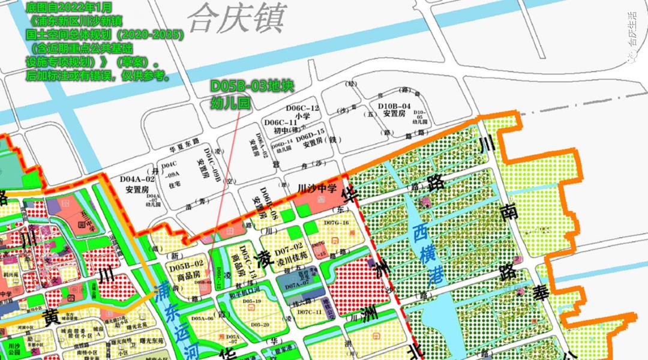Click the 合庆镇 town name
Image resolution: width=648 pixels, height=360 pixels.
pos(235,20)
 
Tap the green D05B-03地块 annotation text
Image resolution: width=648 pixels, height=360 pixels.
pos(252,86)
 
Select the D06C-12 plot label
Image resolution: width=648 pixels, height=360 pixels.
pos(302,108)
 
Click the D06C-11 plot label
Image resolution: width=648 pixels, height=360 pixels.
pos(281,122)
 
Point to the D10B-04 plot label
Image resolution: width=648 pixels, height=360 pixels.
pos(394,106)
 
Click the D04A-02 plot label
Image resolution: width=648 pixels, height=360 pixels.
pos(137,178)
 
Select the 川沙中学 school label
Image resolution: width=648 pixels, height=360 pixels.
pos(317,188)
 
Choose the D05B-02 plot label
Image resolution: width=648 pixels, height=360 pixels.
pos(187,263)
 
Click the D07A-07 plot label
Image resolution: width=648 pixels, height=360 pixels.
pos(296,287)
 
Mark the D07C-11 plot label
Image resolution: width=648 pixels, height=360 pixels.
pos(310,312)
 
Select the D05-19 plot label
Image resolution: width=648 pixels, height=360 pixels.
pos(251,301)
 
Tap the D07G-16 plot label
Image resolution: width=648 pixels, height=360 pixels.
pos(336,223)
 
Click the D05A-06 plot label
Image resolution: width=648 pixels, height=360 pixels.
pos(202,318)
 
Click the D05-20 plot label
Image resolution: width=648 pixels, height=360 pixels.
pos(259,324)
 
